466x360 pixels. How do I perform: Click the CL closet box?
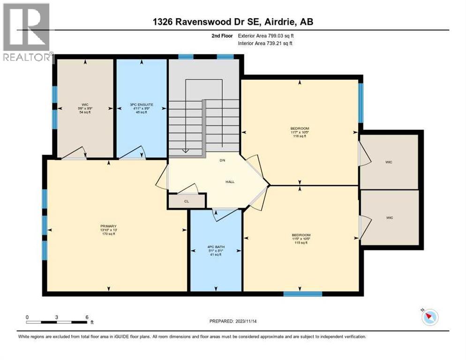tap(186, 201)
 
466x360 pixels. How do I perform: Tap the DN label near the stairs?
tap(223, 160)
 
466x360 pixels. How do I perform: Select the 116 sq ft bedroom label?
tap(300, 132)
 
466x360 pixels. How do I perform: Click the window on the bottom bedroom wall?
tap(302, 294)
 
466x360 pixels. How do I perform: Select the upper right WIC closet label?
tap(389, 162)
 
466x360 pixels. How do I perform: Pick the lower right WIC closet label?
tap(389, 217)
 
